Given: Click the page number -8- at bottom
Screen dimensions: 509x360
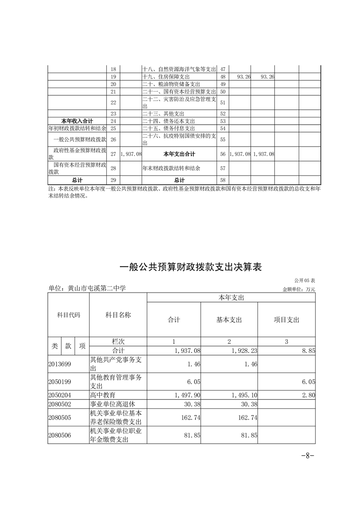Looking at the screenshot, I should [308, 455].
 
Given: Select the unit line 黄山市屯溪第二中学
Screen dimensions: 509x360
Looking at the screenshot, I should [87, 288].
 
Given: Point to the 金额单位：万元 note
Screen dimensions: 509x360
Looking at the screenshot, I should [298, 289].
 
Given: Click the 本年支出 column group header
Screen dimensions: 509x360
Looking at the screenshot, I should [231, 298].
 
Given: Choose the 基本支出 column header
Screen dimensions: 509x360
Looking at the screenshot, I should [229, 320].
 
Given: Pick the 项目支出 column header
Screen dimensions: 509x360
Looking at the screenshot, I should [286, 320].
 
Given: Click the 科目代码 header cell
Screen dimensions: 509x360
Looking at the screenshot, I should [68, 315].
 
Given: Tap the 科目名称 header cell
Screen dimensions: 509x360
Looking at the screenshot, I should [118, 315].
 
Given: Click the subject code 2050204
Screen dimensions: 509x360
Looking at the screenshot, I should [60, 396].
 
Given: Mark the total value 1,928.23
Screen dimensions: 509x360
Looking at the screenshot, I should [244, 351].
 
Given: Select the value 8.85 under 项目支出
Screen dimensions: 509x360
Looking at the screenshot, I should [308, 351].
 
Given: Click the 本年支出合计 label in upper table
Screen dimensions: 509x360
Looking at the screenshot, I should [179, 154].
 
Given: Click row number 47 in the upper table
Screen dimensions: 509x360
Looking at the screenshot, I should [223, 69].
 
